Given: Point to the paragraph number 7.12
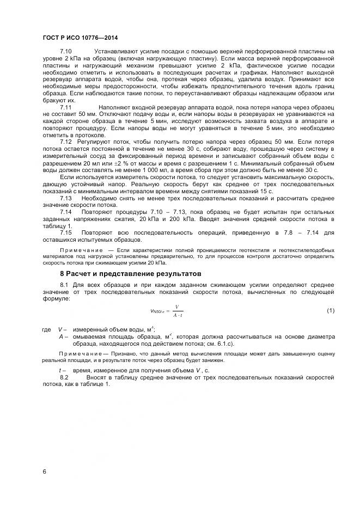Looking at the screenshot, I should [x=66, y=142].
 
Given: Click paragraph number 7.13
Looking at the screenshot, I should [x=66, y=198].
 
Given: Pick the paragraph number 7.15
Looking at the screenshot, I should [x=66, y=232].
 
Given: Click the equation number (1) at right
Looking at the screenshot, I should [x=330, y=310].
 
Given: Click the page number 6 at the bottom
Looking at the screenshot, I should [x=44, y=471].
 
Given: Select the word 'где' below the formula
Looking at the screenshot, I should [x=47, y=330].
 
